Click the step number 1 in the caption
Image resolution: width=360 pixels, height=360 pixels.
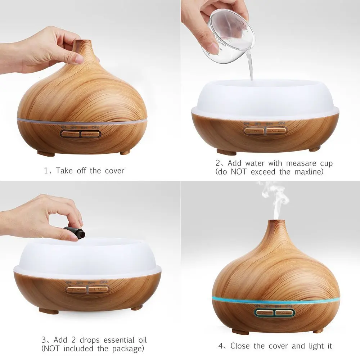pos(46,171)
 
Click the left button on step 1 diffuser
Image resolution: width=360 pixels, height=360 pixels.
pos(70,134)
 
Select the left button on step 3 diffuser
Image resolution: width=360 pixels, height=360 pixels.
pos(76,289)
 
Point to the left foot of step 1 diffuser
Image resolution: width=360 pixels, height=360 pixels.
pos(46,154)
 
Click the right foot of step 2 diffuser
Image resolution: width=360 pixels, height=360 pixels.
pos(314,149)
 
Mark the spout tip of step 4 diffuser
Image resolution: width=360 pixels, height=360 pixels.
pos(279,220)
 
